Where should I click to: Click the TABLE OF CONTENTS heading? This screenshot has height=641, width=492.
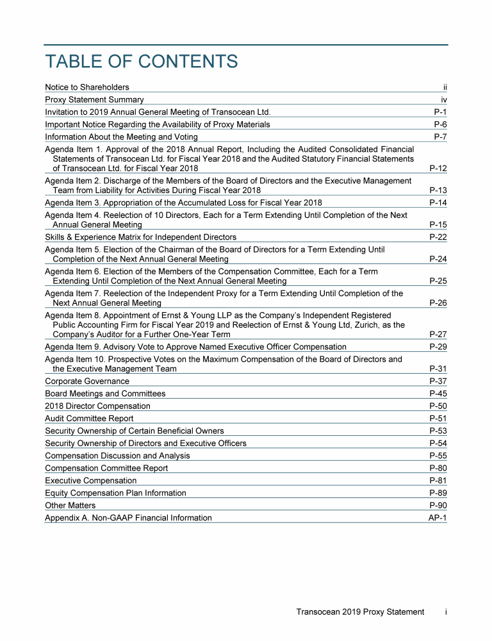click(x=142, y=62)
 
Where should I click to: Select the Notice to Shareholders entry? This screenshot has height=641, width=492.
click(x=87, y=87)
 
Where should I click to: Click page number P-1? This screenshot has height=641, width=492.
click(x=440, y=112)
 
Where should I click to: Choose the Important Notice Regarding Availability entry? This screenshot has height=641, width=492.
click(x=158, y=124)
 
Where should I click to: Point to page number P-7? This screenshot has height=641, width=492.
click(x=440, y=137)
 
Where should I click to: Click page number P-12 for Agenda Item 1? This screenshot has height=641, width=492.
click(x=438, y=169)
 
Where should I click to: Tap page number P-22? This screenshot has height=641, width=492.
click(x=438, y=237)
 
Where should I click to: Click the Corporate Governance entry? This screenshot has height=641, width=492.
click(x=87, y=381)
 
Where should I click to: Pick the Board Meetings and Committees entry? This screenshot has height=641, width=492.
click(x=105, y=394)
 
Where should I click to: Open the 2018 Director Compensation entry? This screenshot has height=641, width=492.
click(x=97, y=406)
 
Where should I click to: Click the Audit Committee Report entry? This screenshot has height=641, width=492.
click(x=89, y=419)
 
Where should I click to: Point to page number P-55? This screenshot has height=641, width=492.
click(x=438, y=456)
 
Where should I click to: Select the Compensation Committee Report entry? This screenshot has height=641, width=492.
click(x=106, y=469)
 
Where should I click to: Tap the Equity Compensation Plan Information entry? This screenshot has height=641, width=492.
click(x=115, y=494)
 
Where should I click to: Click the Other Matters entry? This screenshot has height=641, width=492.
click(x=70, y=506)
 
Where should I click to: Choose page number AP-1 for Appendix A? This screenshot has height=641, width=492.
click(x=437, y=518)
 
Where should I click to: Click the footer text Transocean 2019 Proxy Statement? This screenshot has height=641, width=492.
click(x=360, y=612)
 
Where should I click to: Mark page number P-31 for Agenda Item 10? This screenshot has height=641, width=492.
click(x=438, y=369)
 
